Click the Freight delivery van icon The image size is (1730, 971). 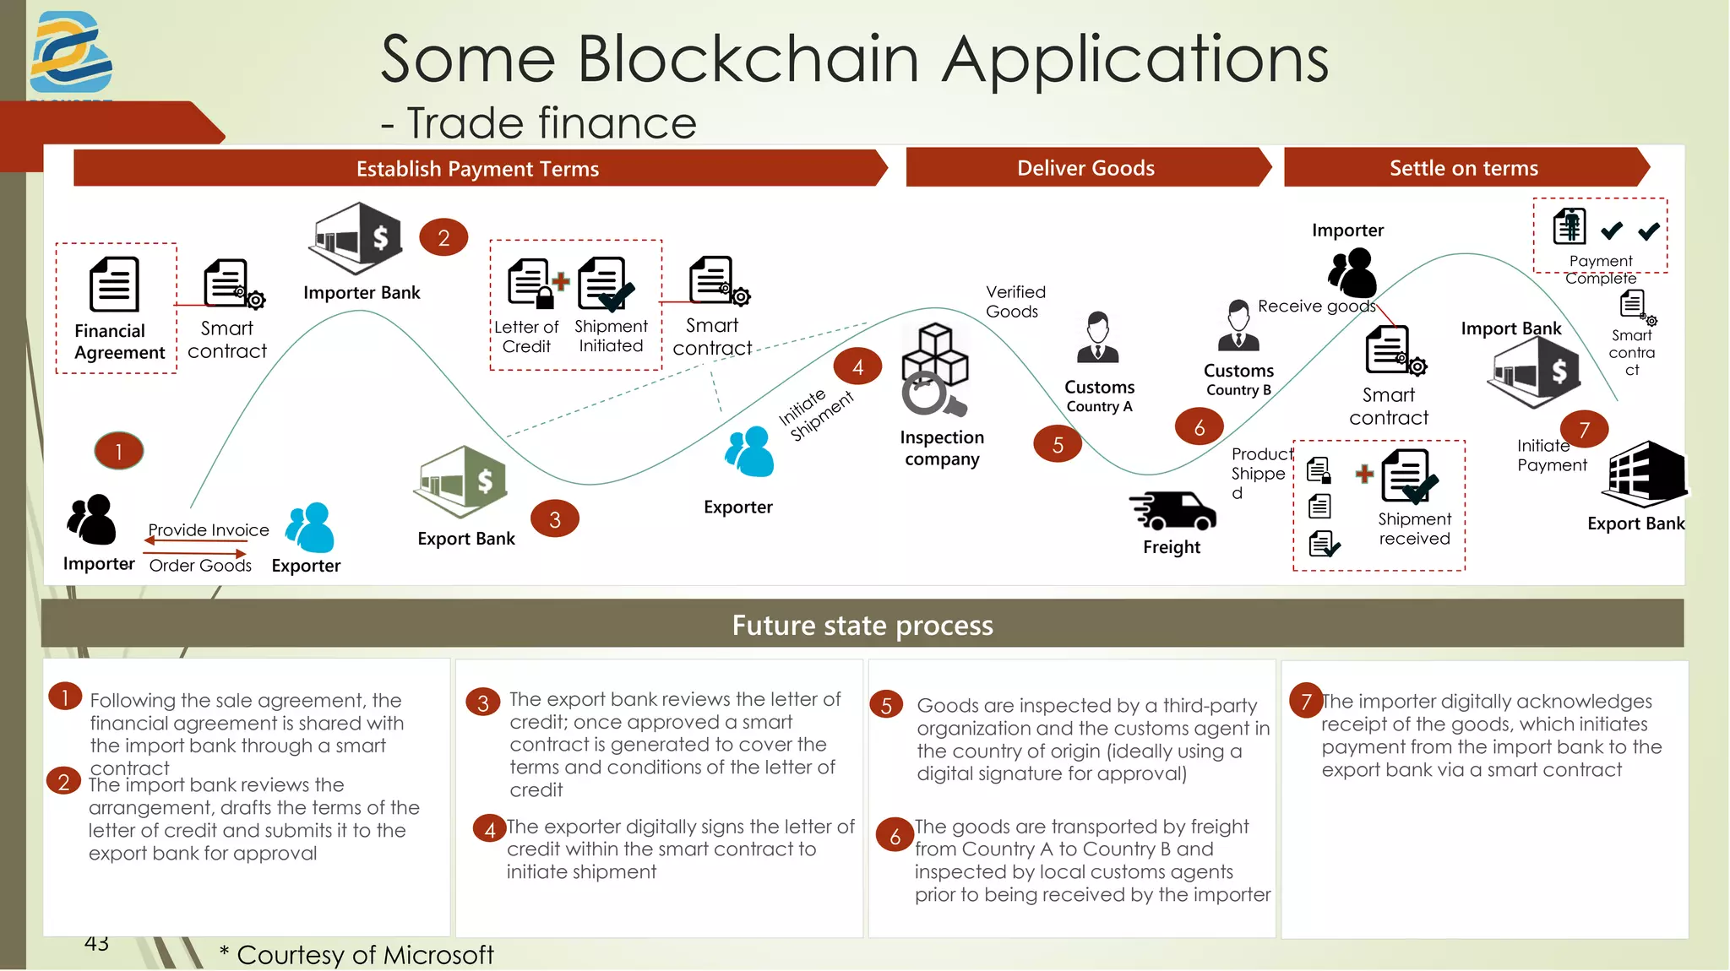1172,510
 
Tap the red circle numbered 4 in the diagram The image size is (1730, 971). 857,366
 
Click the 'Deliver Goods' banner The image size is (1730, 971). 1085,168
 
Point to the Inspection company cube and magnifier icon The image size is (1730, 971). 934,370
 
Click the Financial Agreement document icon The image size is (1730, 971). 114,285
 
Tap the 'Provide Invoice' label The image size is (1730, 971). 209,529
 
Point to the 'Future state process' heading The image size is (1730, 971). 862,625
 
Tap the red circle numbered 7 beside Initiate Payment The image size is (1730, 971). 1584,429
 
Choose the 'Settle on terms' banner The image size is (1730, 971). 1464,168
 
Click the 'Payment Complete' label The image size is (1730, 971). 1601,269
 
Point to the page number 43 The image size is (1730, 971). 96,943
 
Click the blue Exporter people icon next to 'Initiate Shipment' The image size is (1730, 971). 749,452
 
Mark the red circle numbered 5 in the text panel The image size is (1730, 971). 886,705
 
